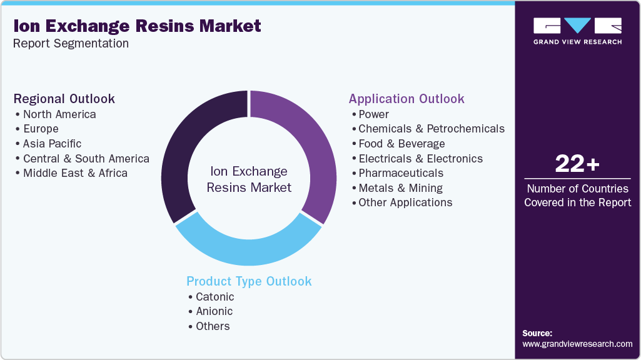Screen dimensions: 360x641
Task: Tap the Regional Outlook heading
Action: point(64,99)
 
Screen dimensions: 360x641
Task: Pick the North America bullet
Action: point(59,114)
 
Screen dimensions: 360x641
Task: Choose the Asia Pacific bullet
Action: point(52,144)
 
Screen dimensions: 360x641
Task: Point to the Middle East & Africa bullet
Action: point(75,173)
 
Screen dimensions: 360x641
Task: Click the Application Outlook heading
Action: point(406,99)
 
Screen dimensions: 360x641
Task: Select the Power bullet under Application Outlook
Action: point(373,114)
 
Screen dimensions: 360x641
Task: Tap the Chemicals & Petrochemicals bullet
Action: point(431,129)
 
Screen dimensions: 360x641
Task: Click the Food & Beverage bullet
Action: point(401,144)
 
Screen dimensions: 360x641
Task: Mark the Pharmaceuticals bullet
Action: point(401,173)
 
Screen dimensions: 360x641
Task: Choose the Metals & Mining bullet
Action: point(400,187)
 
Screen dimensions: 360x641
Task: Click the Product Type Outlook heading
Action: point(249,281)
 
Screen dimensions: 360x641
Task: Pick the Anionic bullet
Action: point(214,311)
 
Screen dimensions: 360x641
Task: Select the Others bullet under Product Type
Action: point(213,326)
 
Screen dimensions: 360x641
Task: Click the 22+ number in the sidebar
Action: point(577,164)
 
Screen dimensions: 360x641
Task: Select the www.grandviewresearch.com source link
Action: point(577,344)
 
